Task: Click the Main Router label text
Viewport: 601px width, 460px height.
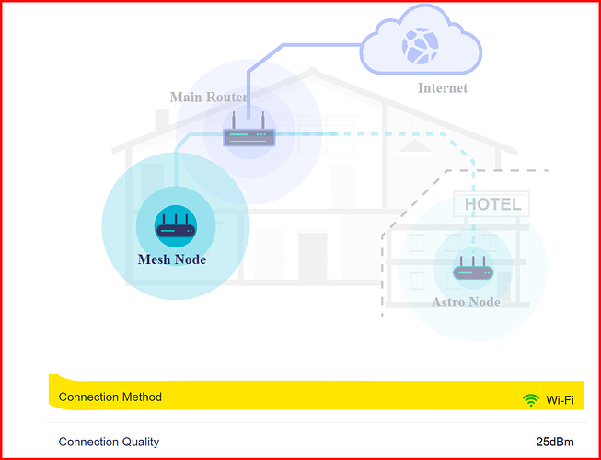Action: coord(209,97)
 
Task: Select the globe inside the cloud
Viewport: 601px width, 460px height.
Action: coord(420,45)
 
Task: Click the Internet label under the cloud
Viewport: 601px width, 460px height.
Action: coord(443,88)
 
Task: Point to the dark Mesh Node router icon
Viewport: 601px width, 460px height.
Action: coord(176,225)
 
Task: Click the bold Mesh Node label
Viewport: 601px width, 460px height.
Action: coord(172,259)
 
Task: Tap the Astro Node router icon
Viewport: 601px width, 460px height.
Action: coord(473,268)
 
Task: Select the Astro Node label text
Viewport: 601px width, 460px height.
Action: coord(466,302)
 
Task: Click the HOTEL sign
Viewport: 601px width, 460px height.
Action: coord(492,203)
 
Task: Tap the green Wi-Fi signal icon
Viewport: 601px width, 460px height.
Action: coord(531,400)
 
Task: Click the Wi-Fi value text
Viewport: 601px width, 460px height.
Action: coord(560,400)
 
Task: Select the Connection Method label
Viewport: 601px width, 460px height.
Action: coord(110,397)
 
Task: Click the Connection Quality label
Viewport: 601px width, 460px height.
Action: coord(109,442)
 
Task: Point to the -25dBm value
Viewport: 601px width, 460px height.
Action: coord(553,442)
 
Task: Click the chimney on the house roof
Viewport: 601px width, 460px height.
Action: coord(162,121)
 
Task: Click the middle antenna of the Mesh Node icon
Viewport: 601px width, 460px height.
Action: coord(175,220)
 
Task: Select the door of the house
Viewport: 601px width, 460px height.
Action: coord(312,257)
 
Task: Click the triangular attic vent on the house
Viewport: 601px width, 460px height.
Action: coord(415,145)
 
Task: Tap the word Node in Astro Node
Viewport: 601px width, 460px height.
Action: coord(482,302)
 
